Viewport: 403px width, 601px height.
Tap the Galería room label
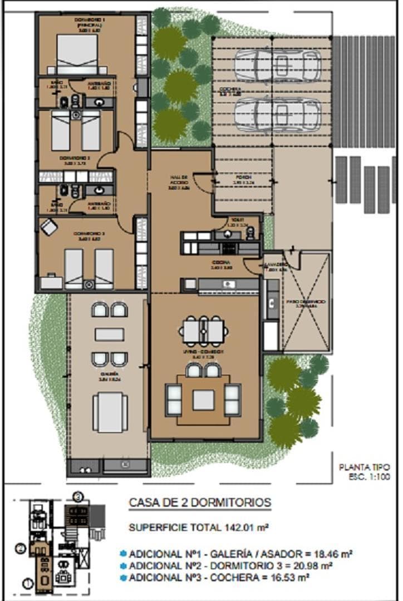coord(110,377)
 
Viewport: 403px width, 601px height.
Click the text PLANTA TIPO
coord(365,466)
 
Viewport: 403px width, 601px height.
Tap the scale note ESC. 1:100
coord(368,476)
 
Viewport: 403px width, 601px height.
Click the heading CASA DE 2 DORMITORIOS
coord(200,503)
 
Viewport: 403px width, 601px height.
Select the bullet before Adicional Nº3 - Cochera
coord(122,578)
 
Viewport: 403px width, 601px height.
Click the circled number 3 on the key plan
coord(78,495)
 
